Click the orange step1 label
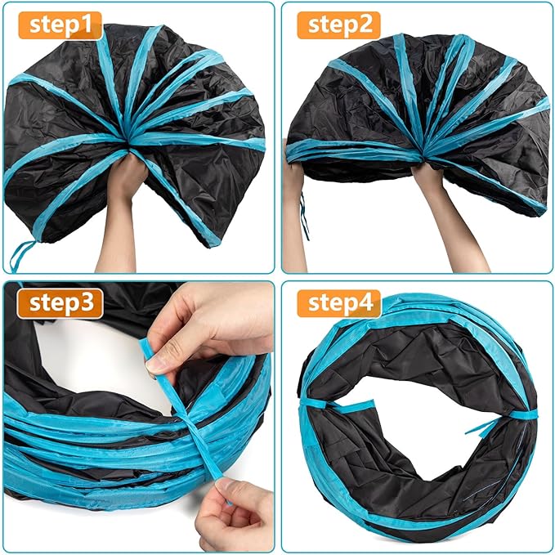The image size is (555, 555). (60, 25)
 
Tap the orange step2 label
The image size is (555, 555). (338, 25)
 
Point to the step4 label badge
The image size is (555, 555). (338, 304)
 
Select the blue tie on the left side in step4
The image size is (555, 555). (314, 405)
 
